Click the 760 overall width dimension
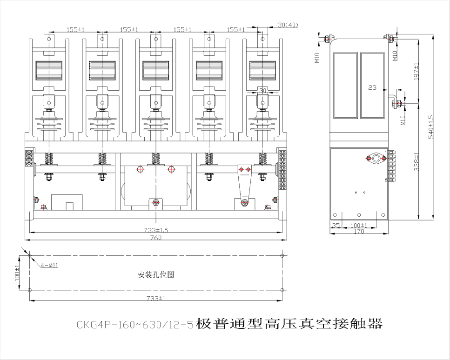[156, 238]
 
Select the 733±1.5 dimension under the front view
[156, 230]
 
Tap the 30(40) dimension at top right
[288, 25]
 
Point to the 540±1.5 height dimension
[431, 126]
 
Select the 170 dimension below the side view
[359, 231]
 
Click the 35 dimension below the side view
[336, 226]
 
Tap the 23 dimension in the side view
[372, 87]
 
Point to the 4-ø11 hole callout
[49, 265]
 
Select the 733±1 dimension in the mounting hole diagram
[156, 298]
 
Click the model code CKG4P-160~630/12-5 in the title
[135, 324]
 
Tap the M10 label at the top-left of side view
[317, 57]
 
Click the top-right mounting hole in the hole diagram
[282, 256]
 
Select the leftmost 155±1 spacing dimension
[75, 29]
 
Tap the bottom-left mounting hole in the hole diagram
[29, 290]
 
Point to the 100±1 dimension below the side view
[359, 226]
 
